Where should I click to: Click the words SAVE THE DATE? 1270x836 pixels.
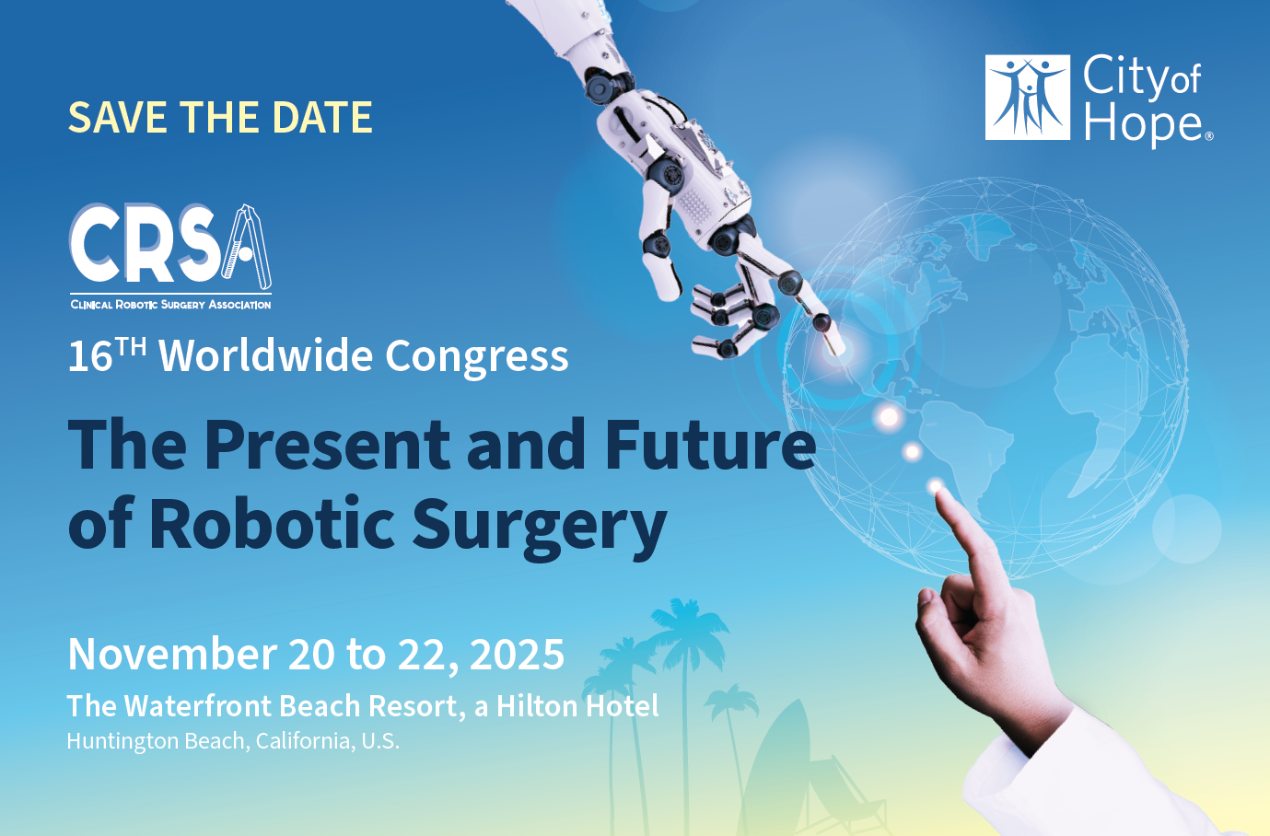(x=220, y=118)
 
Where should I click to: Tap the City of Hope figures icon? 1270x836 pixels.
(x=1028, y=98)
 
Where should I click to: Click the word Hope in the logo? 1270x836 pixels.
(x=1143, y=125)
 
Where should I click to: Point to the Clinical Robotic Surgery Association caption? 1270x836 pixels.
(x=170, y=305)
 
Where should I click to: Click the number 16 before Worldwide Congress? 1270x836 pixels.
(x=89, y=357)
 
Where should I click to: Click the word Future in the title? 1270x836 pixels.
(x=710, y=445)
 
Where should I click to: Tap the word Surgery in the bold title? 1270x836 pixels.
(x=539, y=525)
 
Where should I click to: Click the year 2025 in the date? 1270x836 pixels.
(x=518, y=655)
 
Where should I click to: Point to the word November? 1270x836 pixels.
(x=171, y=655)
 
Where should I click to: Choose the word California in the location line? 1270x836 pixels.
(x=303, y=741)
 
